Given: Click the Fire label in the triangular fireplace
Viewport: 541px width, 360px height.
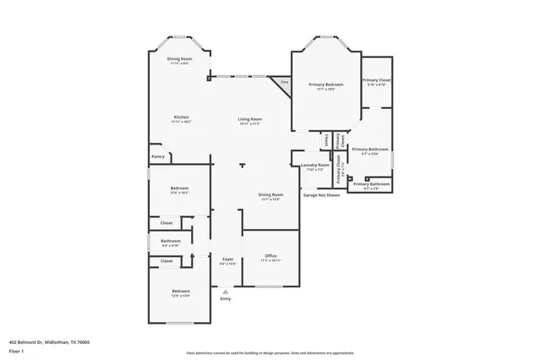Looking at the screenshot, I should click(x=284, y=83).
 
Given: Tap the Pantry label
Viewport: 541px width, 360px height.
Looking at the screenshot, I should click(x=158, y=156).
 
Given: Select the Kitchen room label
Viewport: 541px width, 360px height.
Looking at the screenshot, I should click(x=182, y=117).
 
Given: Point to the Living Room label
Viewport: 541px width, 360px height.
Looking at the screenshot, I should click(x=249, y=119).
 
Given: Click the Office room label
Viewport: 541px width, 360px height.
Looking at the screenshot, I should click(x=270, y=255).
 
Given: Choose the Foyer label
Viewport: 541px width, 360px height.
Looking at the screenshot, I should click(x=227, y=259).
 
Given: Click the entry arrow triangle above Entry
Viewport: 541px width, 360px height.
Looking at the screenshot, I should click(x=225, y=292).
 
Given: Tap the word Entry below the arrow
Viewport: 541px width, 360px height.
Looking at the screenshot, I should click(x=225, y=299).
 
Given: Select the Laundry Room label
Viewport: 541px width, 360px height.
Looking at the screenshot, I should click(x=315, y=165).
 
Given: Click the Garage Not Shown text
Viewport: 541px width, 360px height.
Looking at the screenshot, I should click(x=321, y=194).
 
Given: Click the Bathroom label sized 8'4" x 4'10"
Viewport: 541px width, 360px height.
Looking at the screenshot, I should click(x=171, y=241).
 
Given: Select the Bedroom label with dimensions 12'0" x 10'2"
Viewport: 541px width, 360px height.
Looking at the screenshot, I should click(x=179, y=188).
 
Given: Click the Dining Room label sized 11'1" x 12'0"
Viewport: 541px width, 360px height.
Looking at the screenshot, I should click(x=271, y=194).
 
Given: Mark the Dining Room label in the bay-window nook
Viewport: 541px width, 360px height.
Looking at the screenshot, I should click(x=181, y=58).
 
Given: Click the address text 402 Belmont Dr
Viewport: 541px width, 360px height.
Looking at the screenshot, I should click(x=49, y=342).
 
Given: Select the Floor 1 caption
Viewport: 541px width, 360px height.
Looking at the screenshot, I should click(x=16, y=350).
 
